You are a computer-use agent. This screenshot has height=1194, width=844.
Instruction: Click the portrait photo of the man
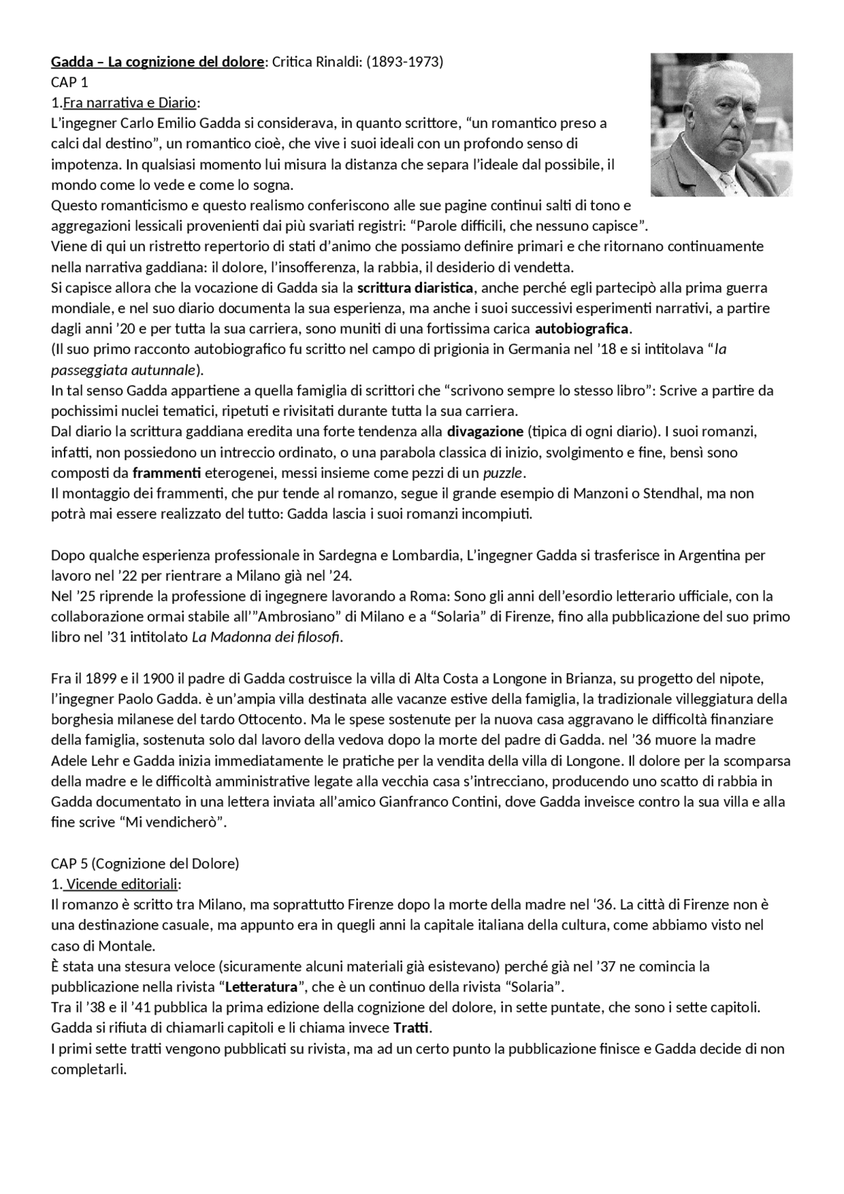pos(721,124)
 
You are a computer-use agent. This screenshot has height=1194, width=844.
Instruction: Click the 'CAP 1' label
pos(69,82)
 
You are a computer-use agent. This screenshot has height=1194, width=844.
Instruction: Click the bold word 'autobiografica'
pos(582,328)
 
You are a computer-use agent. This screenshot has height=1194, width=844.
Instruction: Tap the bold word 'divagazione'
pos(485,432)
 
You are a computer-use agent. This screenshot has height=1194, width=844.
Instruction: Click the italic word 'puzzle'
pos(504,473)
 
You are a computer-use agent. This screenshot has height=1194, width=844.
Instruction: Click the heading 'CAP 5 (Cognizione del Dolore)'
pos(145,863)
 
